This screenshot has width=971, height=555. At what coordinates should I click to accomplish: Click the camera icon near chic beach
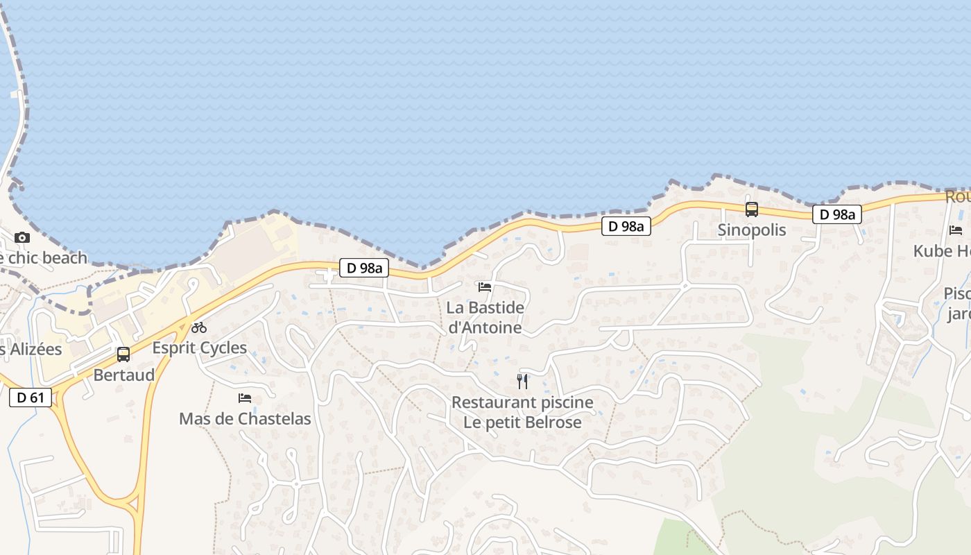point(22,237)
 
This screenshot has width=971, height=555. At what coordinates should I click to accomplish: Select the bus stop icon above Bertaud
point(123,355)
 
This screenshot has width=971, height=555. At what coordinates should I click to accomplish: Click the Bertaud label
point(124,375)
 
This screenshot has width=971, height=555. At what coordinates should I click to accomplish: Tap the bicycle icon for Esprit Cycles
point(199,327)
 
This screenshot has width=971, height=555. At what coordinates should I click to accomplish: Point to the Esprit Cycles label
point(200,348)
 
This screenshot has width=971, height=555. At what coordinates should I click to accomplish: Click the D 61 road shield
point(31,398)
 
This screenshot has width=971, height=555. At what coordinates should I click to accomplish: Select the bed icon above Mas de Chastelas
point(245,398)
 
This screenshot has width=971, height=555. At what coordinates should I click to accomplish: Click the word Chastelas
point(275,418)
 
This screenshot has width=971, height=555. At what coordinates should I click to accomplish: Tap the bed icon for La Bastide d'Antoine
point(485,287)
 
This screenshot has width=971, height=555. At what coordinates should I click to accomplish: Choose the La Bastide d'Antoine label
point(485,317)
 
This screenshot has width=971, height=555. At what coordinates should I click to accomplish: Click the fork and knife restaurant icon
point(522,381)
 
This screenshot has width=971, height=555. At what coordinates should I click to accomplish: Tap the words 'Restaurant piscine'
point(522,402)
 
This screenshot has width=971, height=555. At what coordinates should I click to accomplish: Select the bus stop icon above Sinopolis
point(752,210)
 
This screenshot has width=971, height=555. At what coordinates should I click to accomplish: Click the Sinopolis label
point(752,230)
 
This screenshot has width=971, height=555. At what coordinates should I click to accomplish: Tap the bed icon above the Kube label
point(956,230)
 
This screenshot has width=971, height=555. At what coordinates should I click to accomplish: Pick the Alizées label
point(33,349)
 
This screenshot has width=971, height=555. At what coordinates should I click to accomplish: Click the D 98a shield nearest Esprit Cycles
point(363,268)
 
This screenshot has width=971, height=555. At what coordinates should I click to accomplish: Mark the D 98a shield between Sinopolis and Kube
point(837,214)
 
